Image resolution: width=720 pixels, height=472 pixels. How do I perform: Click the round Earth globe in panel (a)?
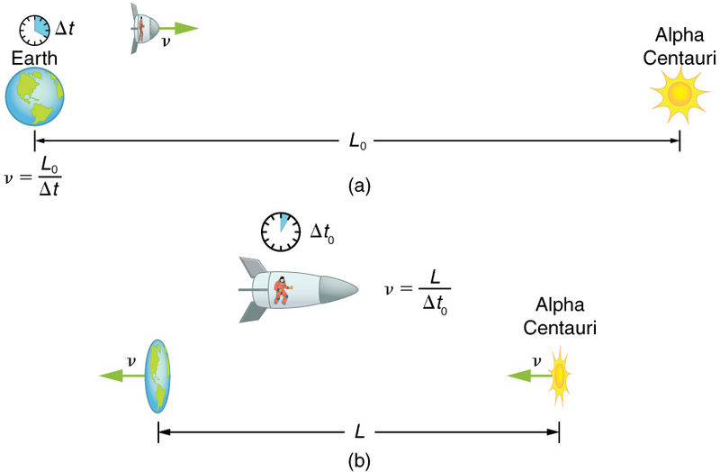click(x=35, y=97)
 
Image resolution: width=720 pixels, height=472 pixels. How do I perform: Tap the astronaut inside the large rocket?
click(x=283, y=290)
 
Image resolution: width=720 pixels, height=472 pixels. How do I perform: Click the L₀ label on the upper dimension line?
click(x=358, y=141)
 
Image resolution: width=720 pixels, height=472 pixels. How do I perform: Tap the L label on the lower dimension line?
click(x=358, y=431)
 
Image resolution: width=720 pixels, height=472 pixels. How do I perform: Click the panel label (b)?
click(x=358, y=460)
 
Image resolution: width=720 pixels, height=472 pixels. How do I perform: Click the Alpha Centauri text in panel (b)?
click(x=566, y=314)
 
